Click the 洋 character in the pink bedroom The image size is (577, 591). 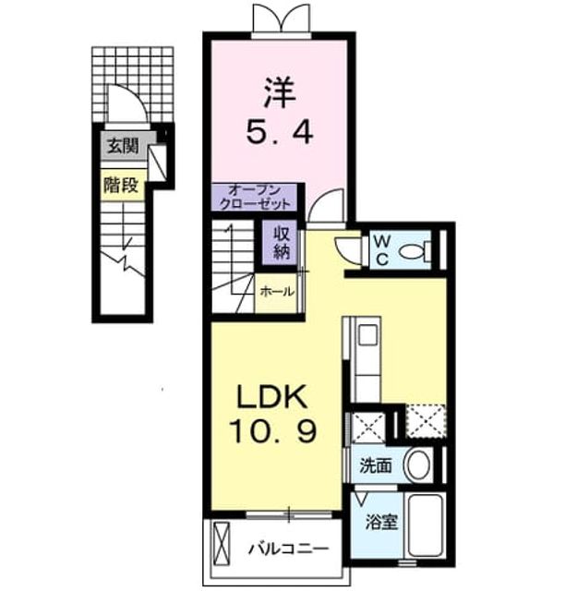click(x=279, y=93)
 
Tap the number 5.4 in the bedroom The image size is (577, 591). click(x=279, y=132)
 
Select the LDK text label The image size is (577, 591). click(x=271, y=397)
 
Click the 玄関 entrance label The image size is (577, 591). click(x=123, y=146)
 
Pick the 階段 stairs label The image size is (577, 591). click(x=121, y=186)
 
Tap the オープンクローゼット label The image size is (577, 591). click(x=255, y=197)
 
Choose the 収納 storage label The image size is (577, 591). click(x=282, y=243)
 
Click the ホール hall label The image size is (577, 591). click(x=277, y=292)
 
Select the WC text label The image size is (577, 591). click(x=382, y=250)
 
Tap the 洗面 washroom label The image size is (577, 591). click(x=376, y=465)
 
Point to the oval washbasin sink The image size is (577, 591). click(x=417, y=464)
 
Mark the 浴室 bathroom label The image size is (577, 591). click(x=381, y=523)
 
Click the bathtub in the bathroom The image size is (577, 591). click(x=426, y=525)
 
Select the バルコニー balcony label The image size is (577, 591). click(x=288, y=549)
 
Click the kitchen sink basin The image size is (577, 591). click(x=368, y=334)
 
